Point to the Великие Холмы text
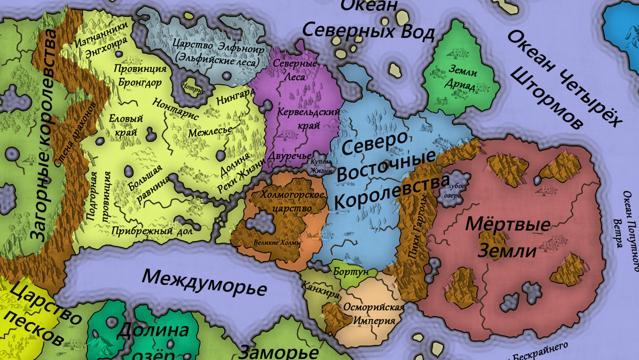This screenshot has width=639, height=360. click(277, 243)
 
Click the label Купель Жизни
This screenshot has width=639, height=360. click(322, 166)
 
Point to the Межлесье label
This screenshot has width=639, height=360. click(212, 129)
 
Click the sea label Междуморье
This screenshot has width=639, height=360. click(205, 282)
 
